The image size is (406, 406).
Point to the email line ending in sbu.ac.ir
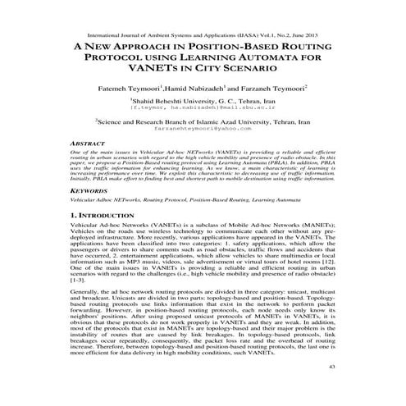pos(202,106)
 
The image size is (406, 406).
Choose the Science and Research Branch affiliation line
pos(202,121)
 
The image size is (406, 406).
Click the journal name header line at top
pos(202,30)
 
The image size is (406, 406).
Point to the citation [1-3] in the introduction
pos(79,304)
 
